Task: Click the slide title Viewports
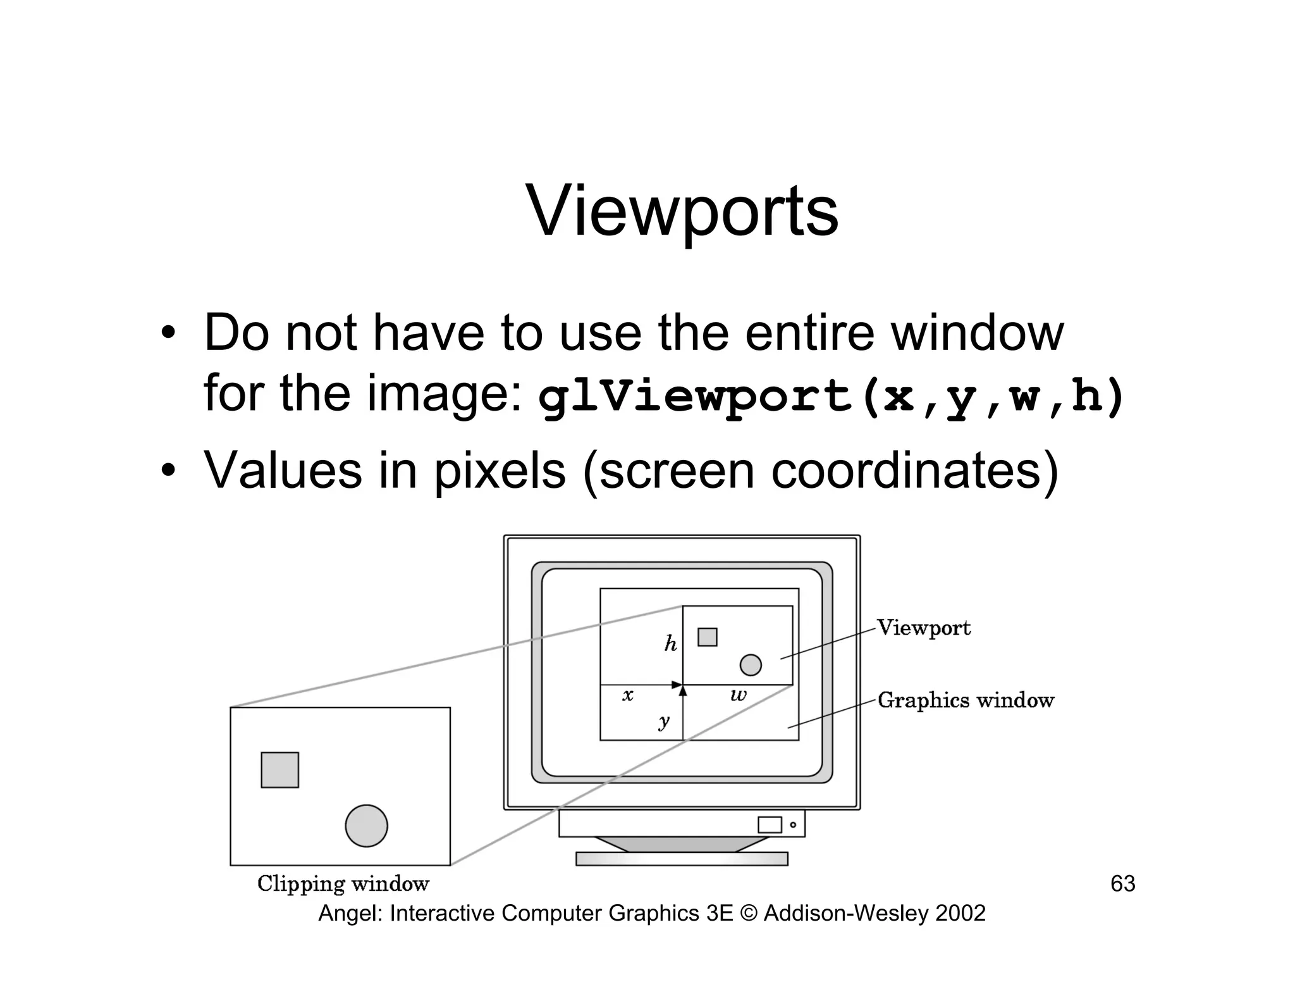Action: tap(682, 211)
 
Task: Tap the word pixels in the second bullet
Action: tap(500, 471)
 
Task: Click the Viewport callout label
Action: tap(923, 628)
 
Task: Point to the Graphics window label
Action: tap(966, 700)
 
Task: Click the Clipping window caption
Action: tap(343, 883)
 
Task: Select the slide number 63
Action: tap(1122, 884)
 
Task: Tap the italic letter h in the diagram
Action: tap(670, 644)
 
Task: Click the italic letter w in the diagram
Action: tap(738, 695)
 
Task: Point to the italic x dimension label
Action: tap(627, 695)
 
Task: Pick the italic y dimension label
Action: tap(663, 721)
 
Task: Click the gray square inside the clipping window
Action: tap(279, 769)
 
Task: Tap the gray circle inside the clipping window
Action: tap(366, 826)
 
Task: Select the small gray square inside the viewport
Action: tap(707, 637)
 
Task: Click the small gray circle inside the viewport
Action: tap(751, 665)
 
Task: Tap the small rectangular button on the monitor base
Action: tap(770, 824)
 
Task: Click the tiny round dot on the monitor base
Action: tap(793, 824)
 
